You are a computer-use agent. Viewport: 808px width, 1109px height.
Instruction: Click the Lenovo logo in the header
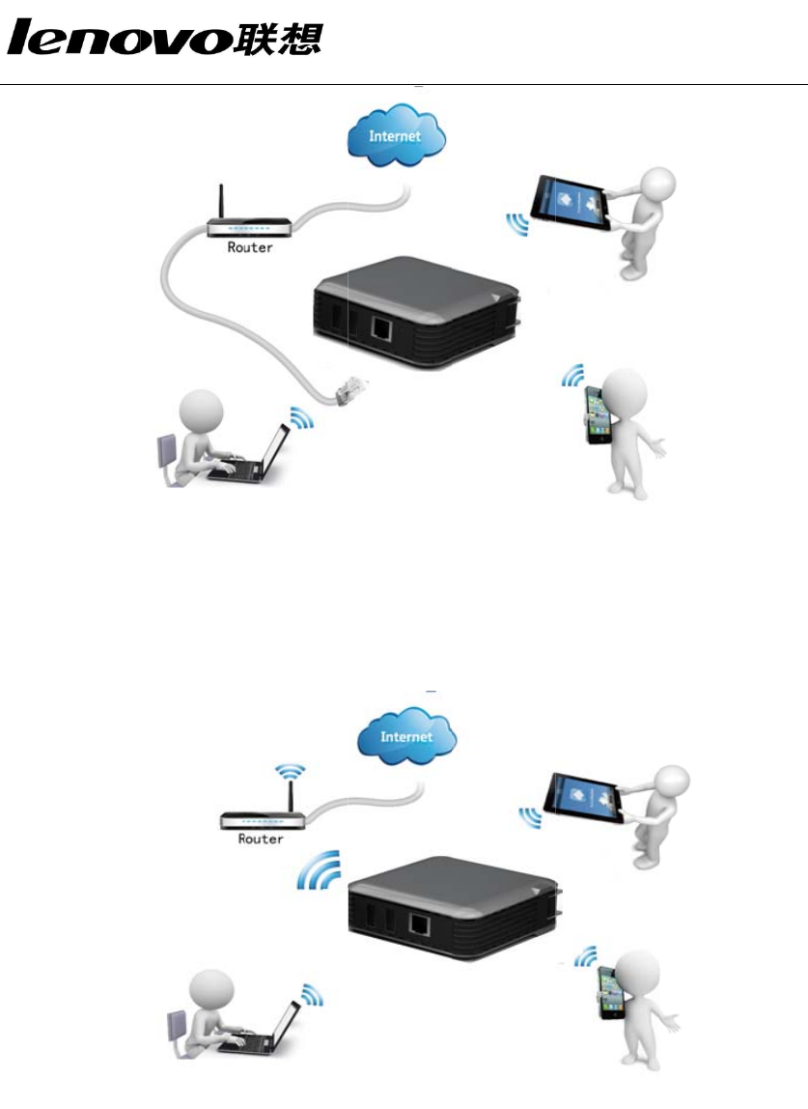tap(165, 40)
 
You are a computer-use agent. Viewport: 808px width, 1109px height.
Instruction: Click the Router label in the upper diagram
tap(250, 247)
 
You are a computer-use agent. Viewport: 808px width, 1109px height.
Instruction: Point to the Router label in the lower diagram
tap(261, 839)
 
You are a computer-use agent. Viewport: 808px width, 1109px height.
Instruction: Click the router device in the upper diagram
tap(250, 227)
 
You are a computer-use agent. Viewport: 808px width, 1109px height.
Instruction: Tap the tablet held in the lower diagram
tap(588, 794)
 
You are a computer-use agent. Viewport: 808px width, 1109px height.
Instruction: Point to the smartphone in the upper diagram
tap(599, 416)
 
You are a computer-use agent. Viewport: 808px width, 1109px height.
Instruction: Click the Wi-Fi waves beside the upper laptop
tap(302, 417)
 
